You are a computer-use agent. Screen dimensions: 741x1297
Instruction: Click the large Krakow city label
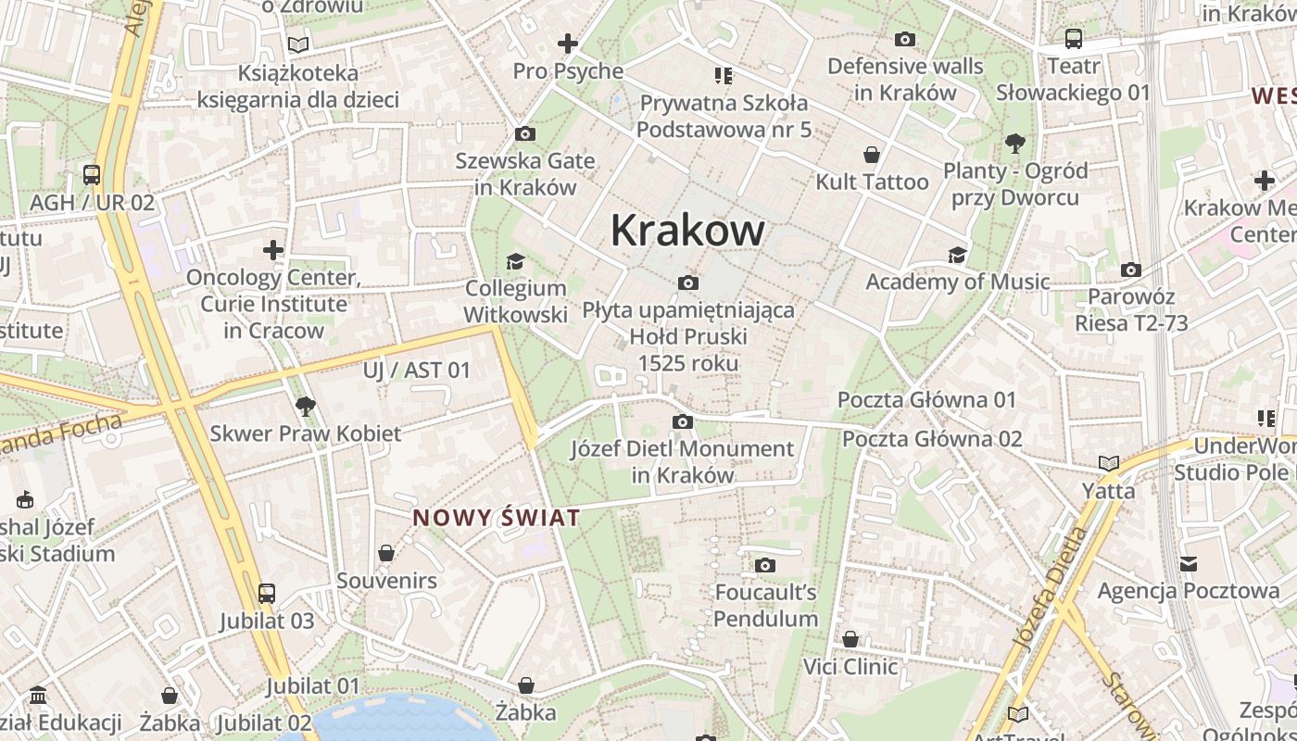687,231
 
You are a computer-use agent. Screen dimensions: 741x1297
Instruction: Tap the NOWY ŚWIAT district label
497,518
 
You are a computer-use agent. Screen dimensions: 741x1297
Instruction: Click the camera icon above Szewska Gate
524,134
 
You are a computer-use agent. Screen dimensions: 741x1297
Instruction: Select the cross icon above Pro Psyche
567,44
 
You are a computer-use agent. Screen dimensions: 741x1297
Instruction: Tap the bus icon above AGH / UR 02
92,174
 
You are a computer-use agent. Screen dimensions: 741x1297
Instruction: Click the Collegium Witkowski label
515,301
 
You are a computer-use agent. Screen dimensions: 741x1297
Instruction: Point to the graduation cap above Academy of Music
957,255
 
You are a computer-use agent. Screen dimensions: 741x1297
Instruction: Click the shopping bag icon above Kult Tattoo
871,155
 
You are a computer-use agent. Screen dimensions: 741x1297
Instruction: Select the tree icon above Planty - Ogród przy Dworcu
1014,144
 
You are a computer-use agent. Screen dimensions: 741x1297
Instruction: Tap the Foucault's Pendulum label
765,605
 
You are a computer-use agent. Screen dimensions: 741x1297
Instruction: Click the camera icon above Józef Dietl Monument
682,422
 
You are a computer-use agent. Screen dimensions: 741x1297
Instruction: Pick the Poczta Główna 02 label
932,438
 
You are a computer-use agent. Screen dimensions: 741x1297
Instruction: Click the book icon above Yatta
1108,463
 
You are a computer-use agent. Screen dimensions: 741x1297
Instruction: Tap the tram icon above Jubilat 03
267,593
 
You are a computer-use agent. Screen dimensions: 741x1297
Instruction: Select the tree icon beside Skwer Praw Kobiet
305,406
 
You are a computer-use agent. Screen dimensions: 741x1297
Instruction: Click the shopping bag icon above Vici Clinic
850,639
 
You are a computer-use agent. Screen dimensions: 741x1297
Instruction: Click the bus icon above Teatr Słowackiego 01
1073,39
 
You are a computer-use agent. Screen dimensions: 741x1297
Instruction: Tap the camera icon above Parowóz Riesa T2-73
1130,270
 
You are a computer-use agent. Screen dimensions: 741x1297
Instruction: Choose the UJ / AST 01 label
417,370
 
